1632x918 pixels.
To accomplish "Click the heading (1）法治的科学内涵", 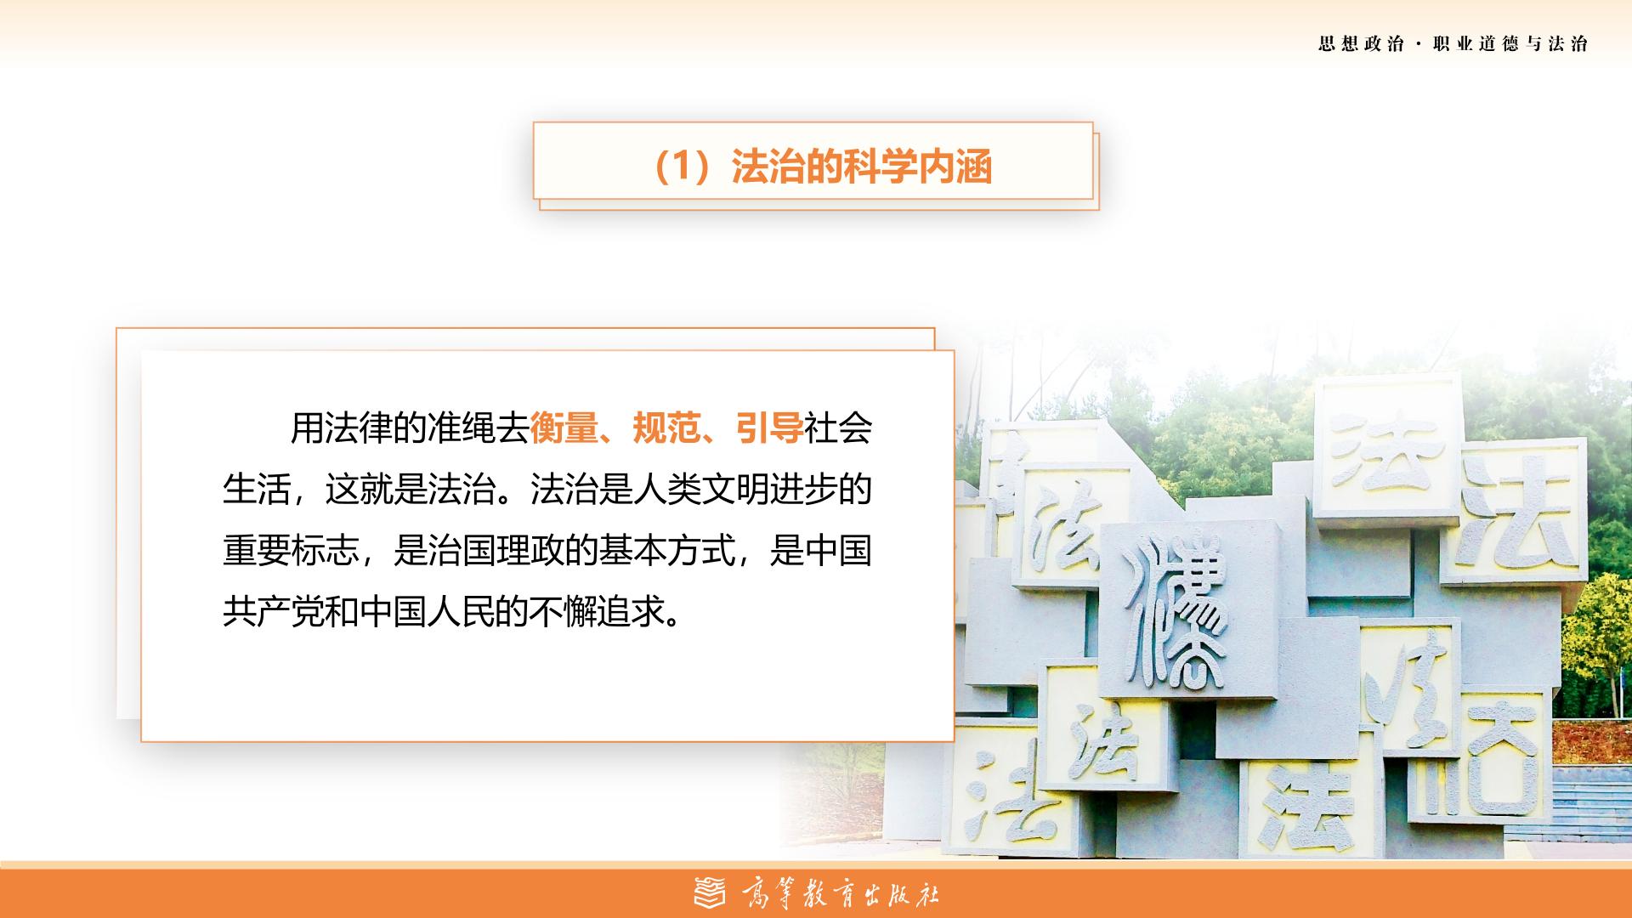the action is [x=820, y=167].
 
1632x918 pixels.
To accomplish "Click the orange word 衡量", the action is [x=564, y=428].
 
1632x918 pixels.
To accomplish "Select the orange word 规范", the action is [x=667, y=428].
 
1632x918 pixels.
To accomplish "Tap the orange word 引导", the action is [x=770, y=428].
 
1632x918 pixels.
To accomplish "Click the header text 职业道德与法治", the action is [x=1510, y=44].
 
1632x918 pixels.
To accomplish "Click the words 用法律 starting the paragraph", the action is [x=342, y=428].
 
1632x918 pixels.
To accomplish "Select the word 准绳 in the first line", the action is [x=462, y=428].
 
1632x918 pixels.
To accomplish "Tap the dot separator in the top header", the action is [x=1419, y=44].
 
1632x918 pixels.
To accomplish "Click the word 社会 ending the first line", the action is [x=838, y=428].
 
